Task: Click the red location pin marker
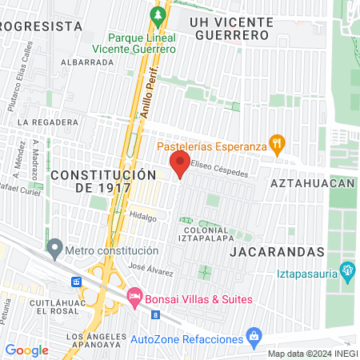tap(180, 166)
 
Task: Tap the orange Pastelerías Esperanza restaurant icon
tap(278, 144)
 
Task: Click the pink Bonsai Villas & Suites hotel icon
tap(134, 298)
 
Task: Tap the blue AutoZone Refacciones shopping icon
tap(254, 334)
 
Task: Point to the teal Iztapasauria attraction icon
tap(348, 270)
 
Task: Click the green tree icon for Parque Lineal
tap(158, 15)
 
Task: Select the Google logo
tap(26, 350)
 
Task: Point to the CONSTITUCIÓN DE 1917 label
tap(102, 181)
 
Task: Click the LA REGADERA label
tap(50, 122)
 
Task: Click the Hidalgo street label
tap(142, 216)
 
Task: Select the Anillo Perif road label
tap(151, 94)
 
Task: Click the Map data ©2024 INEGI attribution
tap(312, 354)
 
